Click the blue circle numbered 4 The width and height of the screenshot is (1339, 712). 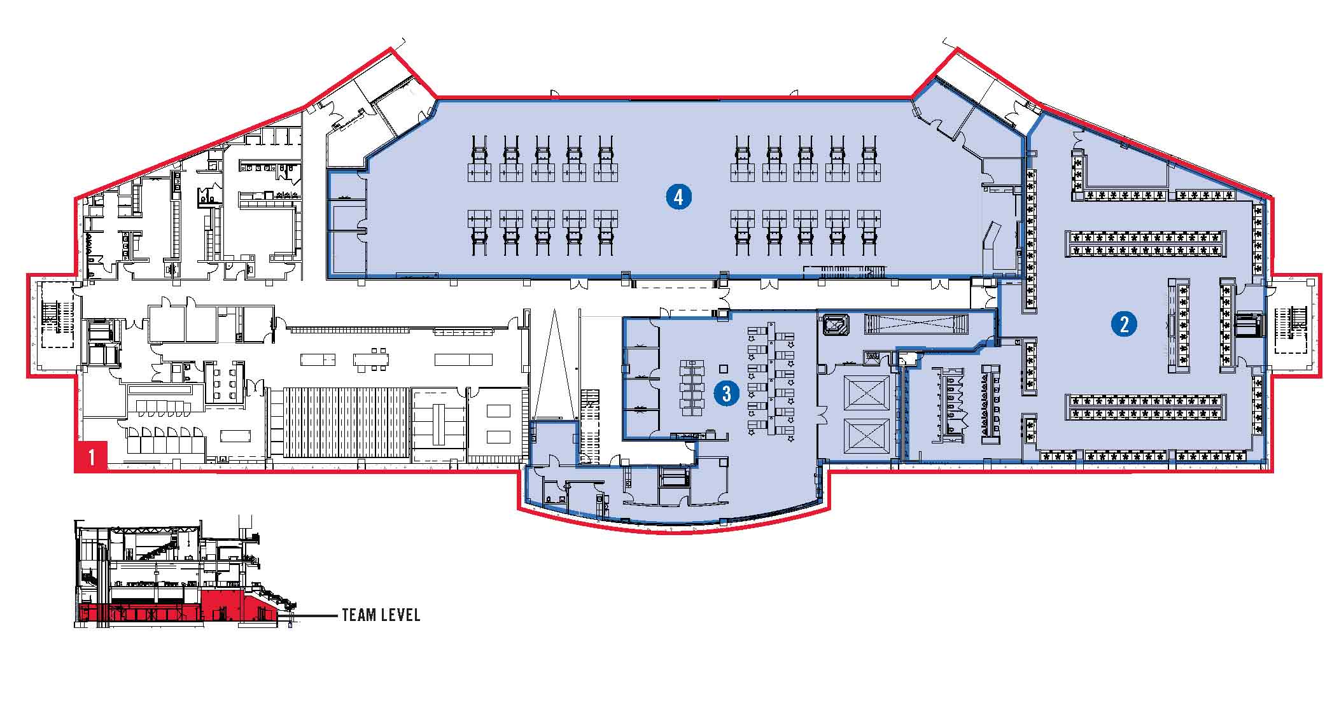(x=678, y=197)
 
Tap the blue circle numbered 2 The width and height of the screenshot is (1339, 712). (x=1124, y=325)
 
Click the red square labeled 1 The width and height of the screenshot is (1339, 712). (x=92, y=457)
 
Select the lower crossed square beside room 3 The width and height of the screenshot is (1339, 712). (x=866, y=436)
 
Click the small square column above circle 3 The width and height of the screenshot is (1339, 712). (x=722, y=368)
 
